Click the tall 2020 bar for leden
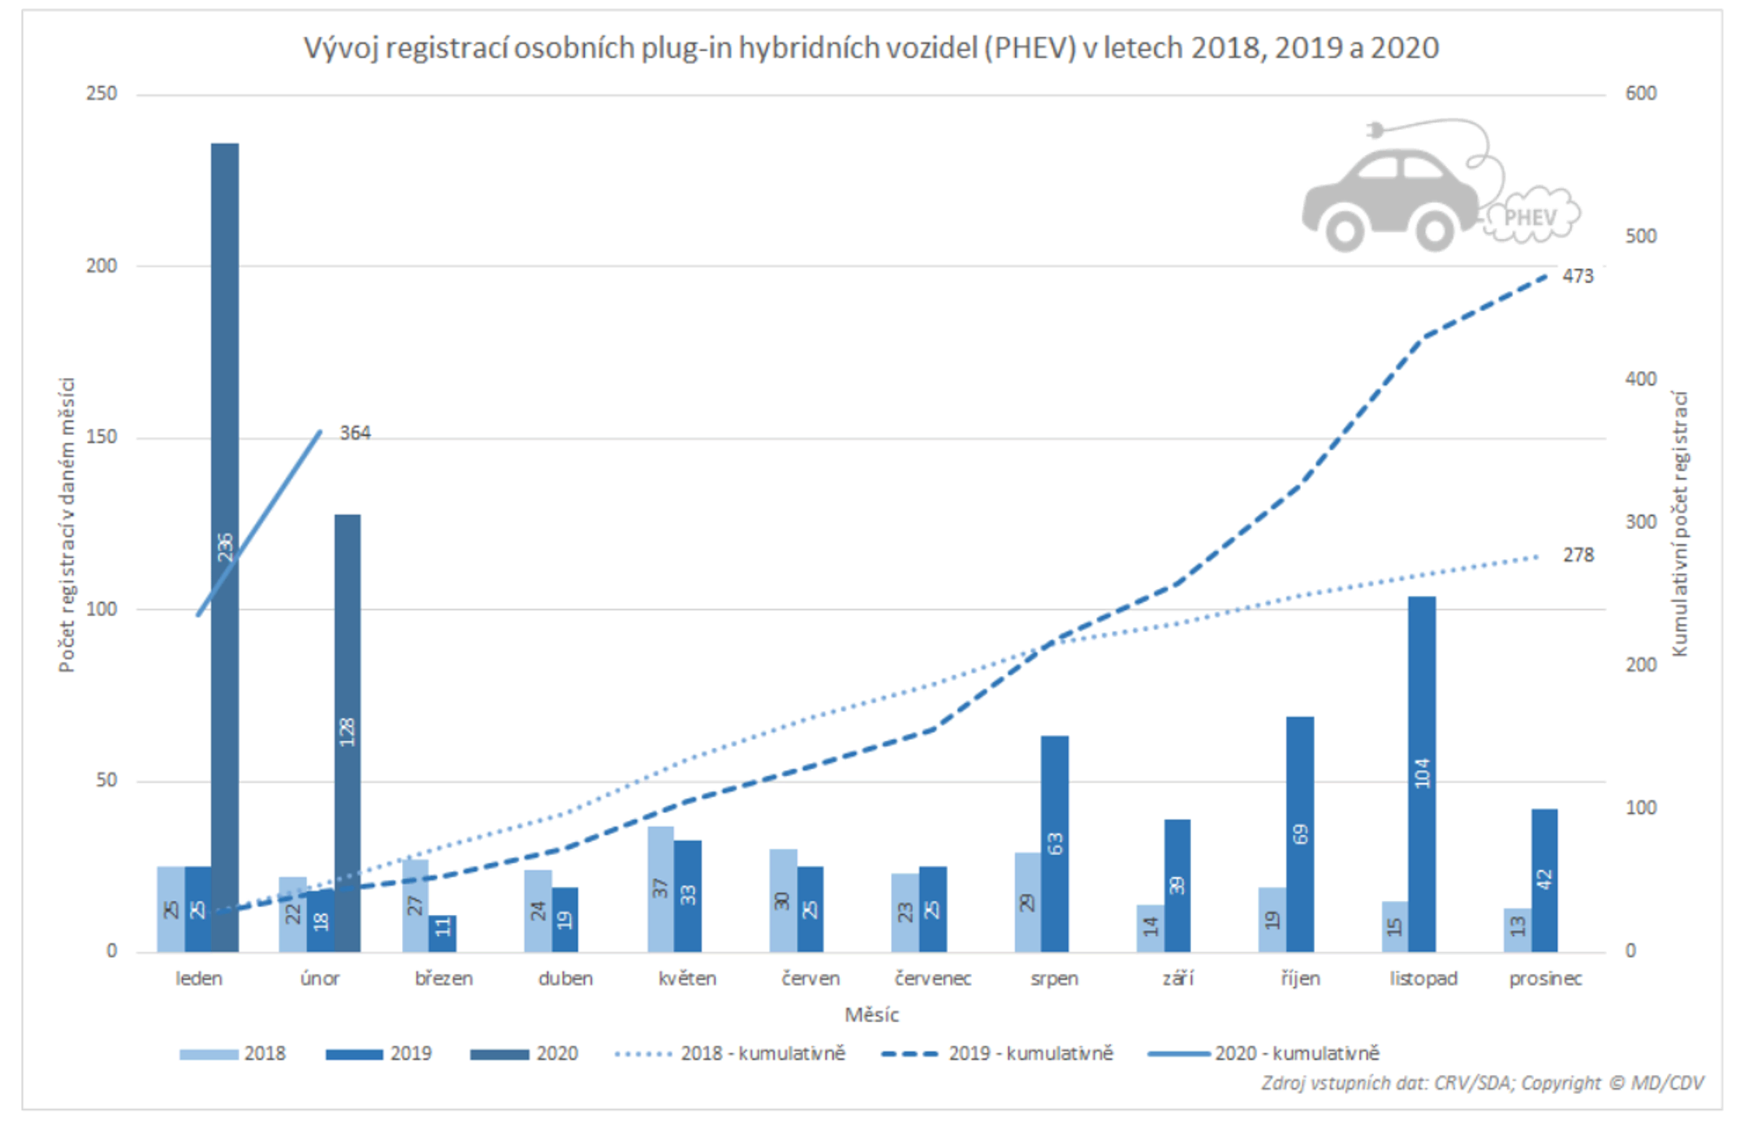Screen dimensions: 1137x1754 225,368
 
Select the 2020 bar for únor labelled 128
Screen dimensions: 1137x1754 348,663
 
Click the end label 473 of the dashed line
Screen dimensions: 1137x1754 1578,276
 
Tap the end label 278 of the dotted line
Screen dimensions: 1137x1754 1578,555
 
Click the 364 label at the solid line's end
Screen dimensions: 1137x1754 354,433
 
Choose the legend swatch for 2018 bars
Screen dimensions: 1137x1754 208,1054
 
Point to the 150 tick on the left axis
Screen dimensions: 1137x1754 102,437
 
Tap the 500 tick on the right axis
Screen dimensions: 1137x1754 1641,237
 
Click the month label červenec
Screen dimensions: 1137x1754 933,978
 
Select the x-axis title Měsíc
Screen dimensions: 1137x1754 871,1016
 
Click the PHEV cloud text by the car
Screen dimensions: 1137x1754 1530,217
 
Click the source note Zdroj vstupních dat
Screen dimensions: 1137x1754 1482,1082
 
